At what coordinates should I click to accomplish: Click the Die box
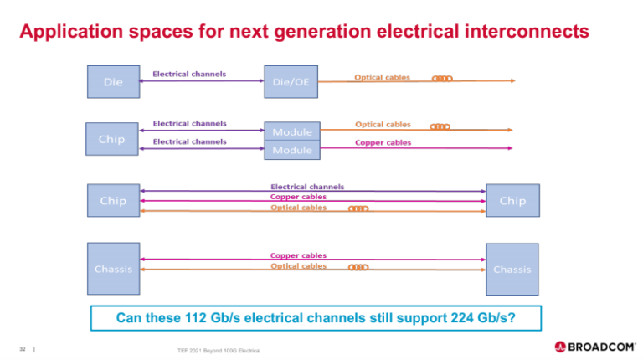[x=113, y=82]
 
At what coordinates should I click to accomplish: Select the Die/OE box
[x=290, y=82]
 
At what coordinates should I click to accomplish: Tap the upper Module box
[x=291, y=131]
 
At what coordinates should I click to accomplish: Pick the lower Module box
[x=291, y=151]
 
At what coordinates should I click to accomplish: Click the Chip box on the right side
[x=512, y=201]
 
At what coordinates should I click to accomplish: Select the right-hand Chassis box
[x=512, y=269]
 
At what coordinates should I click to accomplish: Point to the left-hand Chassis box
[x=113, y=269]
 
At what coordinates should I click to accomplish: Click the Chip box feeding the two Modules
[x=113, y=139]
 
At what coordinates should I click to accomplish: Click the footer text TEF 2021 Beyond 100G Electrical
[x=214, y=349]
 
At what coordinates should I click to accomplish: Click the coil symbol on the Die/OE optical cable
[x=442, y=80]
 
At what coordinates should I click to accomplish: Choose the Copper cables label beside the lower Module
[x=383, y=143]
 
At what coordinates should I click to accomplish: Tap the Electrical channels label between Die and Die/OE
[x=189, y=75]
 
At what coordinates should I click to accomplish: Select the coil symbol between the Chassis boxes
[x=358, y=268]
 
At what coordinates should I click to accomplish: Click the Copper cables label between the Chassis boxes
[x=298, y=255]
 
